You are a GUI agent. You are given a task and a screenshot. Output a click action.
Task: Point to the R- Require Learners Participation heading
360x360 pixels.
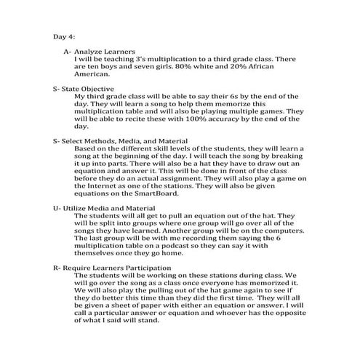click(112, 268)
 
